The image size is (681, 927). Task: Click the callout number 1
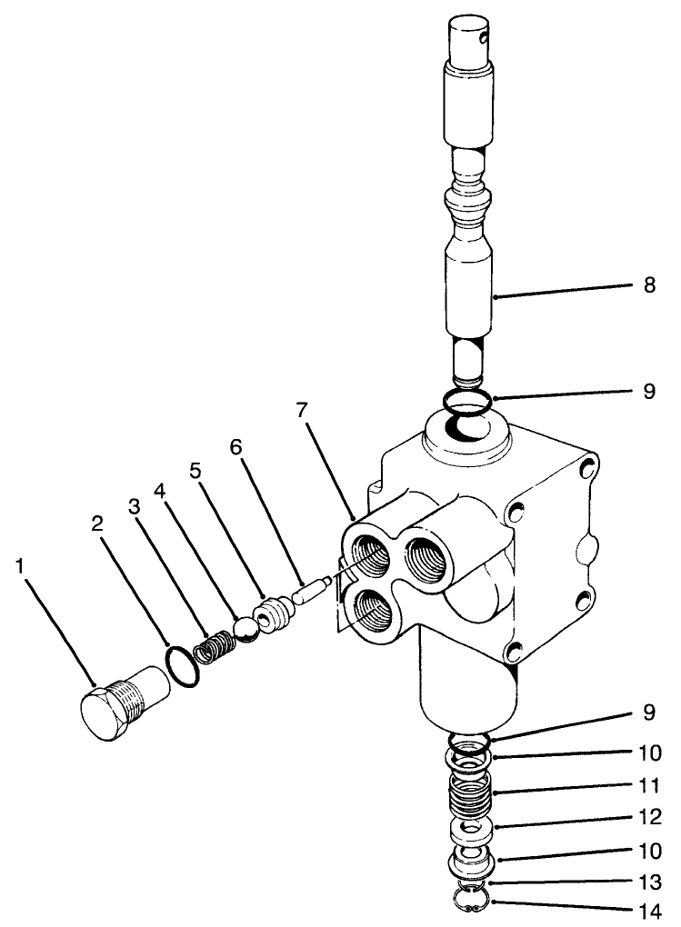[21, 566]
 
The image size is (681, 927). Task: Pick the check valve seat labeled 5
[273, 613]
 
